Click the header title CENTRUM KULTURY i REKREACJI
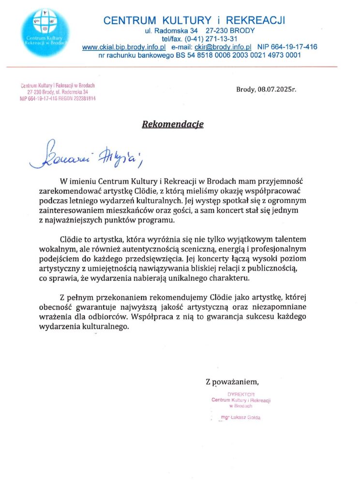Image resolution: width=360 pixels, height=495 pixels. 195,20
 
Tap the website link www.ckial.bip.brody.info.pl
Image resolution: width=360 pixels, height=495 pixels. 124,47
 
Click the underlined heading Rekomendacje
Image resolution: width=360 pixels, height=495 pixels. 173,124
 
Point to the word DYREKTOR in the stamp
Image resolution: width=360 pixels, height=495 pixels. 240,394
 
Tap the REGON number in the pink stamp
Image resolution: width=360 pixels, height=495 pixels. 78,98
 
